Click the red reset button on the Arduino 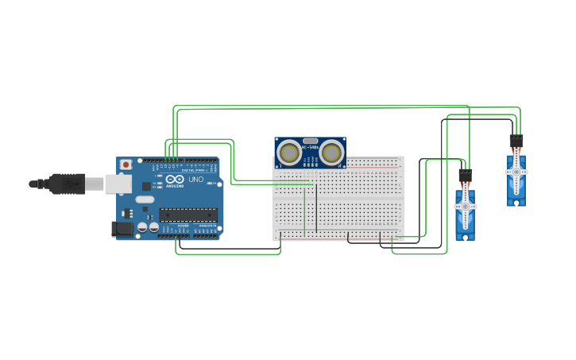pos(126,165)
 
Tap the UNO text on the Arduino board pos(195,180)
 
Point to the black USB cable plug pos(68,184)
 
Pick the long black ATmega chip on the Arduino pos(188,215)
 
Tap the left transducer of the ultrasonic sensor pos(289,152)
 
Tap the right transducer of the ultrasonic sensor pos(331,152)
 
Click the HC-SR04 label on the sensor pos(310,147)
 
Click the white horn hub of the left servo pos(465,206)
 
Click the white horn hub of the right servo pos(516,172)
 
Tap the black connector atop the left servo pos(466,175)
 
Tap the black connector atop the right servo pos(516,141)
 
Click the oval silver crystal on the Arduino pos(144,199)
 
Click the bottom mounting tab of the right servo pos(516,203)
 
